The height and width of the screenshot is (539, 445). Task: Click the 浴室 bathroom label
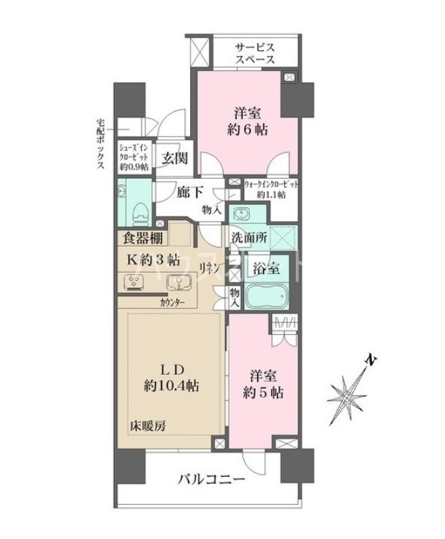265,268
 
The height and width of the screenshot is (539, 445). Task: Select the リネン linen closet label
212,267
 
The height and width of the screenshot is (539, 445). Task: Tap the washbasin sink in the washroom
239,215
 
